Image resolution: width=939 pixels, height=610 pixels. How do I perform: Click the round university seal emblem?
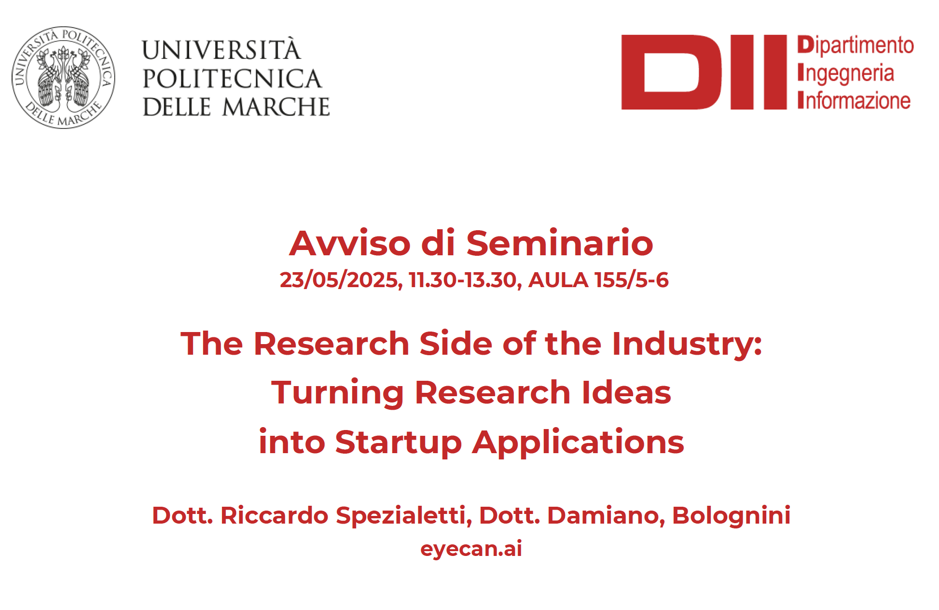pyautogui.click(x=63, y=77)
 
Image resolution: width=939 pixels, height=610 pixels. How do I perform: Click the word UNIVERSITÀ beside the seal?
pyautogui.click(x=221, y=49)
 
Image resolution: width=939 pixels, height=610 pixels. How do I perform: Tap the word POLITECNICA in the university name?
pyautogui.click(x=232, y=79)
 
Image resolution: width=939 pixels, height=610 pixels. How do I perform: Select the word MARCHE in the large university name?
pyautogui.click(x=276, y=107)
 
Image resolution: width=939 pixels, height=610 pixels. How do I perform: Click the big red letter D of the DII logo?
pyautogui.click(x=671, y=72)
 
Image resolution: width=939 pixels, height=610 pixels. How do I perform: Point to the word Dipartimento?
pyautogui.click(x=856, y=45)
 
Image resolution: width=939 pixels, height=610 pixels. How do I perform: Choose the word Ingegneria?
pyautogui.click(x=846, y=73)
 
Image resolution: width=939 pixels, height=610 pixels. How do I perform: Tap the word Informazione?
pyautogui.click(x=854, y=100)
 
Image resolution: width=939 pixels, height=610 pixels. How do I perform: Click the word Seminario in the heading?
pyautogui.click(x=560, y=243)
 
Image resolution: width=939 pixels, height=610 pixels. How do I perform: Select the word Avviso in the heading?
pyautogui.click(x=350, y=243)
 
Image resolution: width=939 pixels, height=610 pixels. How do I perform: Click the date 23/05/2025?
pyautogui.click(x=341, y=280)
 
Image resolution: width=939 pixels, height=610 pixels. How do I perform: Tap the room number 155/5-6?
pyautogui.click(x=632, y=280)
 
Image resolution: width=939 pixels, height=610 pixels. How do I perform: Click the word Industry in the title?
pyautogui.click(x=687, y=344)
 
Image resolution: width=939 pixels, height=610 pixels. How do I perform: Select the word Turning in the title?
pyautogui.click(x=337, y=393)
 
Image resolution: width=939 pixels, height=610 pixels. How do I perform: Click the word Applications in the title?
pyautogui.click(x=578, y=442)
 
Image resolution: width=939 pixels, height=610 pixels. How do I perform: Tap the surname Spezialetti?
pyautogui.click(x=403, y=515)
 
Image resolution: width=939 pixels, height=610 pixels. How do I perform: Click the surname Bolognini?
pyautogui.click(x=731, y=515)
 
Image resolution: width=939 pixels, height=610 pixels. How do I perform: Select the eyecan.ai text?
pyautogui.click(x=471, y=549)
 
